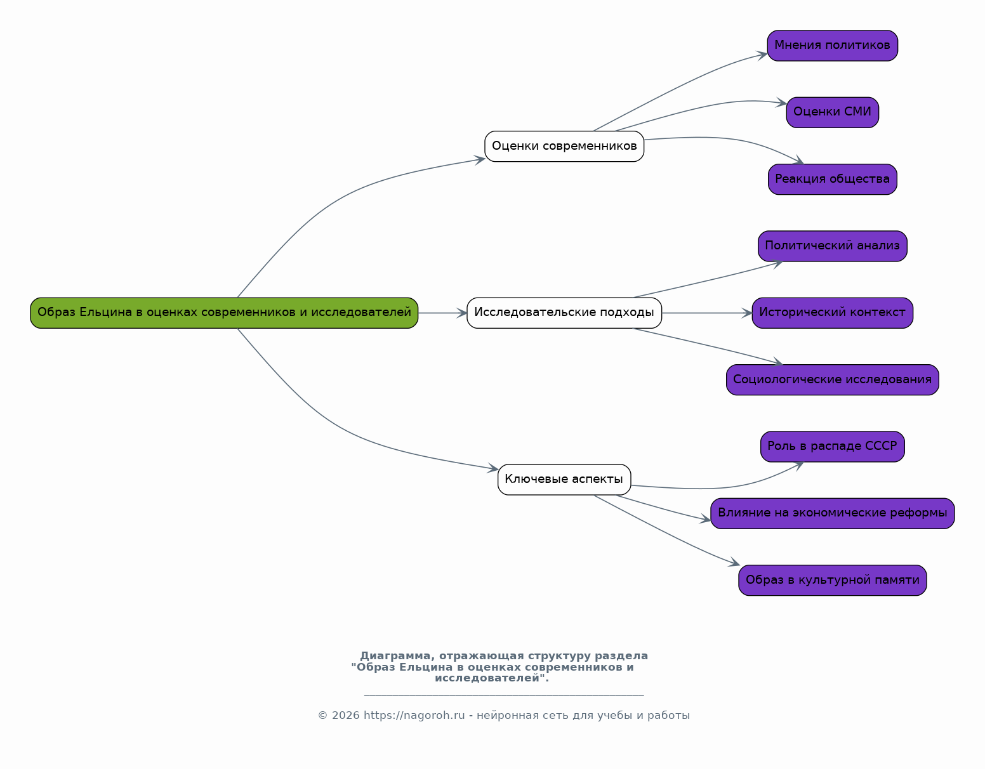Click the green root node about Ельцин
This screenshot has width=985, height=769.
224,313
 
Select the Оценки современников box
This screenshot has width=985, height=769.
564,147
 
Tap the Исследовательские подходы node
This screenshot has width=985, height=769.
564,313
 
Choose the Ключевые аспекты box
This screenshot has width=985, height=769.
564,480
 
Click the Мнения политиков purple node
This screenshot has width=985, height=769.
832,46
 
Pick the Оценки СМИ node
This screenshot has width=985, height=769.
832,112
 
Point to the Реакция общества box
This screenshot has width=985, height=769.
832,180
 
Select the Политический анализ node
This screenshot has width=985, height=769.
832,246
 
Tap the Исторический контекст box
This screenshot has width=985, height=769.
832,313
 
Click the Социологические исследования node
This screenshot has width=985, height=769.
832,380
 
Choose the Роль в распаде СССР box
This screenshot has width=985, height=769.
832,446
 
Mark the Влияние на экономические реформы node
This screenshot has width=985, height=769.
832,513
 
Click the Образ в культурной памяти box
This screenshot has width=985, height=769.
832,580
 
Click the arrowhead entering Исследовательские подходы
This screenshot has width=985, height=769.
461,313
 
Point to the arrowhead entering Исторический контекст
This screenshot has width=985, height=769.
746,313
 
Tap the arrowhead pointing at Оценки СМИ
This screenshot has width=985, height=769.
781,103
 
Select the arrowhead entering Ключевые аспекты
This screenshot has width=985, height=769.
492,468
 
